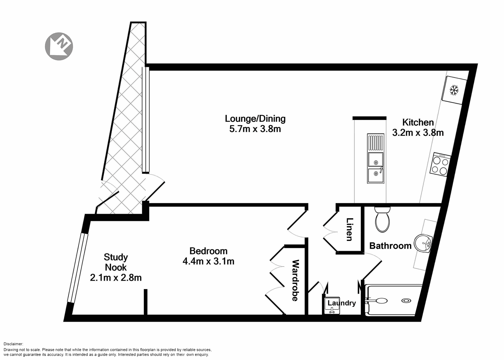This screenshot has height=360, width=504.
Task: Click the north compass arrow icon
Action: pyautogui.click(x=59, y=46)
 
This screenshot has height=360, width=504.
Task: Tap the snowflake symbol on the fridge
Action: pyautogui.click(x=454, y=90)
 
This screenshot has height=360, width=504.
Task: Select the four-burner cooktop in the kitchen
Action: pyautogui.click(x=440, y=164)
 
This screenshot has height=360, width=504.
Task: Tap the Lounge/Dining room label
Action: pyautogui.click(x=255, y=119)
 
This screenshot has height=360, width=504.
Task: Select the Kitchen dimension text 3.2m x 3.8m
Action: pyautogui.click(x=418, y=133)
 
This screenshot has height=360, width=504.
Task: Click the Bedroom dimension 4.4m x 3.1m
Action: pyautogui.click(x=208, y=261)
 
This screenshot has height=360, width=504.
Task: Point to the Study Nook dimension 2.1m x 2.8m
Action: pyautogui.click(x=116, y=278)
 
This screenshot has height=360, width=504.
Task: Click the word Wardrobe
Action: pyautogui.click(x=295, y=280)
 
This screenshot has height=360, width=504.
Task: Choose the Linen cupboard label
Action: pyautogui.click(x=350, y=230)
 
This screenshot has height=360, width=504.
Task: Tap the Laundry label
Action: pyautogui.click(x=341, y=303)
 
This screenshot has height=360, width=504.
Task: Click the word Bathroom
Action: pyautogui.click(x=390, y=246)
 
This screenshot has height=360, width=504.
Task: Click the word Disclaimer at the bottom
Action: pyautogui.click(x=13, y=344)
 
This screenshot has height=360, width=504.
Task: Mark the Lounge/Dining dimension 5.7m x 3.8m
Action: pyautogui.click(x=255, y=129)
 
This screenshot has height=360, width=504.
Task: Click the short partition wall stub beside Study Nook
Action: pyautogui.click(x=145, y=302)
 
